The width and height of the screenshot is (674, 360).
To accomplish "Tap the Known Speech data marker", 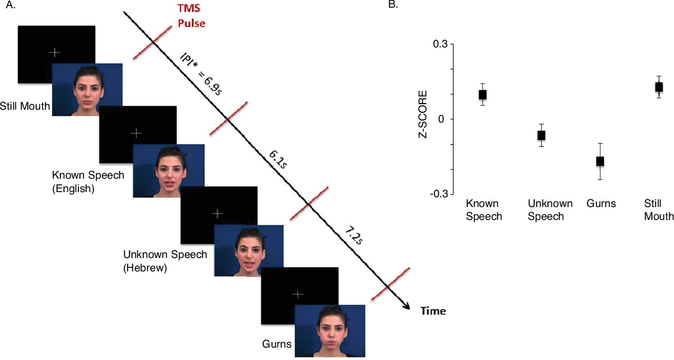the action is coord(482,94).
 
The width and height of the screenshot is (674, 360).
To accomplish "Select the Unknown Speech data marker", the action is coord(541,135).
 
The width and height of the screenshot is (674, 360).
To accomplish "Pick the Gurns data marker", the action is coord(600,161).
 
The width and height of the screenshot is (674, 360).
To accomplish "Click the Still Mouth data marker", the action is coord(659,87).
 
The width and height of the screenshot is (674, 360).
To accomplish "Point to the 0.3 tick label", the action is coord(440,44).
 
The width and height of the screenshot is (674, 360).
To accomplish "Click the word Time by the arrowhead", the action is coord(433,311).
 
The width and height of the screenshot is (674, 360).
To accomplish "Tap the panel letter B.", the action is coord(393,5).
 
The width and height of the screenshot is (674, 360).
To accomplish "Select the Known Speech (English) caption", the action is coord(88,182).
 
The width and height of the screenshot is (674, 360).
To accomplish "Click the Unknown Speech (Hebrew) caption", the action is coord(165,261).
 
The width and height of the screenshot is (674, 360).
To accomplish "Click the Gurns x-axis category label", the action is coord(601,203).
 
